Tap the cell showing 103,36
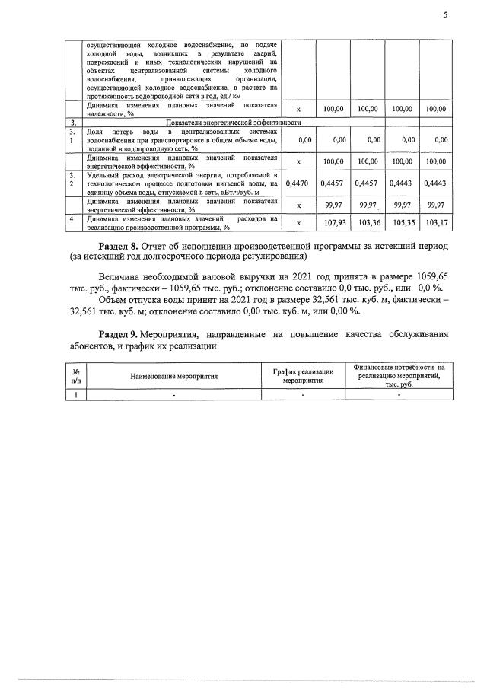pyautogui.click(x=368, y=223)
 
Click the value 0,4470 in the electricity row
pyautogui.click(x=298, y=183)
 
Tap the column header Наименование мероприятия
pyautogui.click(x=174, y=377)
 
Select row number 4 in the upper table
pyautogui.click(x=72, y=219)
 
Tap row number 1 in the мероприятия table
pyautogui.click(x=75, y=394)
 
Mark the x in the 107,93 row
pyautogui.click(x=298, y=223)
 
